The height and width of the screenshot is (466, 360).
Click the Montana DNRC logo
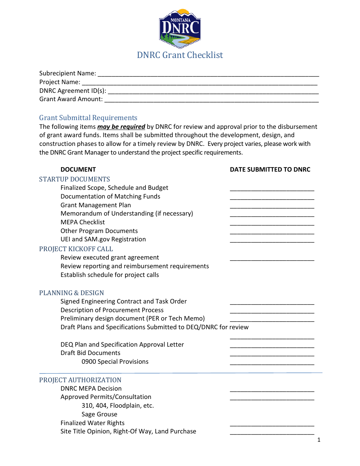[180, 28]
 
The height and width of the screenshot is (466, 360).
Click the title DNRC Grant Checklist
[180, 55]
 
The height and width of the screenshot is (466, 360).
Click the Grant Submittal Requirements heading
[88, 118]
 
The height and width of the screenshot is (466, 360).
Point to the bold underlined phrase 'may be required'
[121, 127]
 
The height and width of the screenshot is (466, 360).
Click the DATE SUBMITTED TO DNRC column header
[270, 170]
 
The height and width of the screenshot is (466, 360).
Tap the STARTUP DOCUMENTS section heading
[75, 180]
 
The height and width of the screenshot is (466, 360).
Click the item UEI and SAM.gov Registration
[103, 239]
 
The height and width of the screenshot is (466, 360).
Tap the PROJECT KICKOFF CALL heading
[76, 249]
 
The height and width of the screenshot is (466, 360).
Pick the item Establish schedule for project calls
[110, 275]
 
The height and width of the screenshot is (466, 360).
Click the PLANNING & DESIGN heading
[72, 293]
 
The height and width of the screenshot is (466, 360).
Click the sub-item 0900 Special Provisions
[115, 362]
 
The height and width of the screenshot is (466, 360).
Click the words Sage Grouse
[99, 414]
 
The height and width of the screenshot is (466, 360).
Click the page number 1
[319, 440]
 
